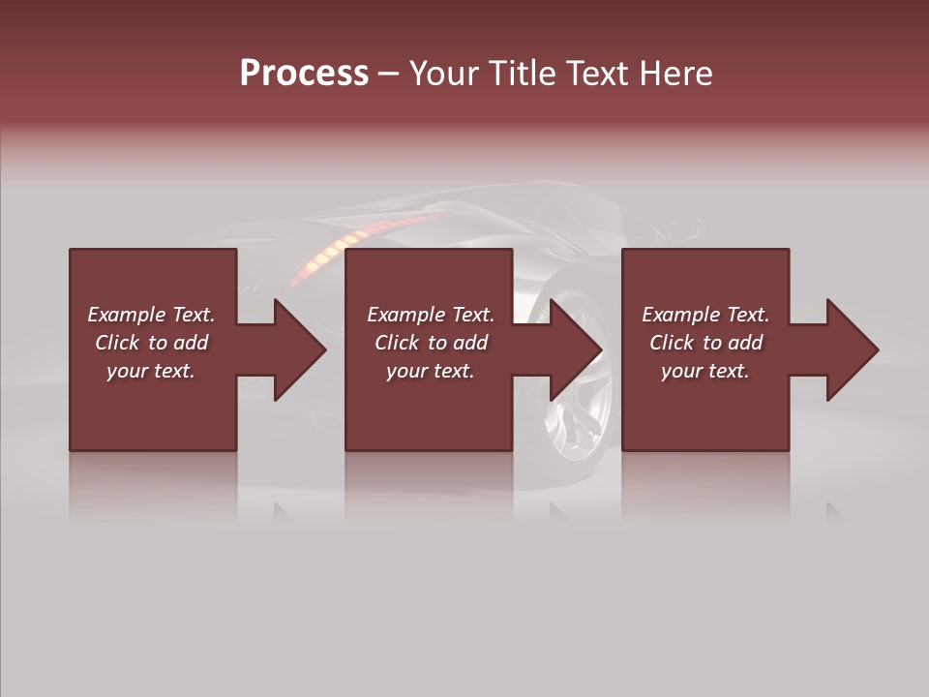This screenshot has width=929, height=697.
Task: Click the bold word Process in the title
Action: [304, 74]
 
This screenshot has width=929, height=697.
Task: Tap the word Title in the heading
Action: [521, 74]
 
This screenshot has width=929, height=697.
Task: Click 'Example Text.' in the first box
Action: [151, 315]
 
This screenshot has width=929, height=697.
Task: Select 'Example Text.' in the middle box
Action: [431, 315]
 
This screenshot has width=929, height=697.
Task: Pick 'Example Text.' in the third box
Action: [705, 315]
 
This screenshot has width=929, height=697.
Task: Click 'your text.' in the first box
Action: [151, 371]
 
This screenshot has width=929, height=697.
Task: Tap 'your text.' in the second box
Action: [431, 371]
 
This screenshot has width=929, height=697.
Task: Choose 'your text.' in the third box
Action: [705, 371]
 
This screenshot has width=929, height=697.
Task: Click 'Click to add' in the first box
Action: [151, 343]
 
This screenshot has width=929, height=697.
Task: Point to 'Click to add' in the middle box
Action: [431, 343]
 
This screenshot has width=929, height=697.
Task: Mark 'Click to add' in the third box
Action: [705, 343]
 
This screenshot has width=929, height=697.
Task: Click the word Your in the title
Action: [443, 74]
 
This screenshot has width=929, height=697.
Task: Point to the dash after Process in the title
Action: [388, 74]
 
